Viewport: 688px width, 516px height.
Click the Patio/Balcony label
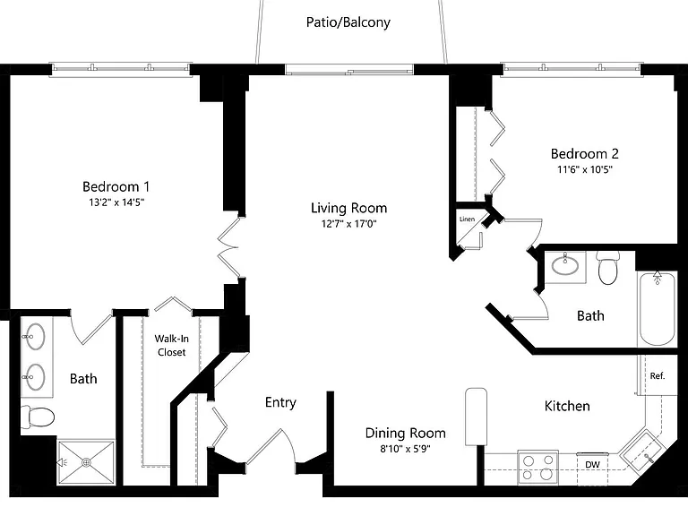(348, 21)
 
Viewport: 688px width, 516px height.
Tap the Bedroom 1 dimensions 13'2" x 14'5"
(116, 202)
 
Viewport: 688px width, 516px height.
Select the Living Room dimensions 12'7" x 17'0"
(348, 224)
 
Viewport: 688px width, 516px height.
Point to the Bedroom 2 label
(584, 153)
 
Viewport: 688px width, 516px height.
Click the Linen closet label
(467, 219)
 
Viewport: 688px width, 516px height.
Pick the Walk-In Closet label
(172, 345)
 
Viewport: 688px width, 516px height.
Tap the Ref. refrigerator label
(658, 375)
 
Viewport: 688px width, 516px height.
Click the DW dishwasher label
(592, 465)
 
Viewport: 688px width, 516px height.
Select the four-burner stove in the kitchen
(537, 468)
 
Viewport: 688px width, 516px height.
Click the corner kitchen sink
(643, 451)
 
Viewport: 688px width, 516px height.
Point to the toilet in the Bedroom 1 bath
(38, 417)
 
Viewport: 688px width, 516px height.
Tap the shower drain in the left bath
(86, 461)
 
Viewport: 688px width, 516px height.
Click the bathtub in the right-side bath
(657, 309)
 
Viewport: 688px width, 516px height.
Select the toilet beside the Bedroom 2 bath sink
(607, 268)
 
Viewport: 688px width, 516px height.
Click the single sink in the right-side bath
(565, 265)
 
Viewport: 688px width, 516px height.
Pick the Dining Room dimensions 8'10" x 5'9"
(405, 449)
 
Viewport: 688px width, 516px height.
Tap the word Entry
(280, 402)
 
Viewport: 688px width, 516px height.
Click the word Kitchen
(567, 406)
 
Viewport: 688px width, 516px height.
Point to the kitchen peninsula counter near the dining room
(476, 417)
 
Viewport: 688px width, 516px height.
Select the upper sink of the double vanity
(34, 337)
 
